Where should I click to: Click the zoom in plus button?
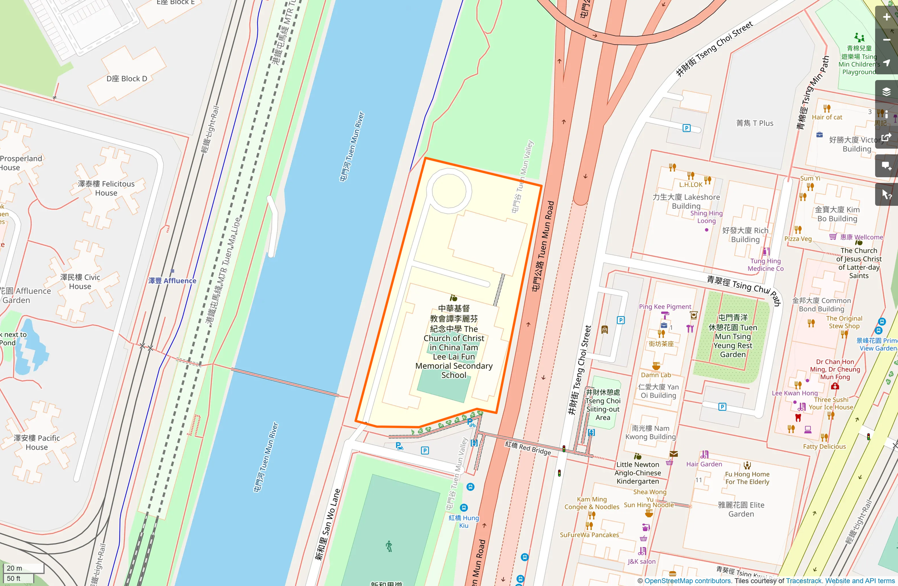tap(886, 17)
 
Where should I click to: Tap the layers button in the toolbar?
tap(886, 91)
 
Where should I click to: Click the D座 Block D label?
tap(127, 79)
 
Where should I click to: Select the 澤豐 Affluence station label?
tap(172, 281)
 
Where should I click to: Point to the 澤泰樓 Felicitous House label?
tap(106, 188)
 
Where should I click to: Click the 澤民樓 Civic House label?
tap(80, 282)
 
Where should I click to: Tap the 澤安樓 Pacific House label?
tap(37, 442)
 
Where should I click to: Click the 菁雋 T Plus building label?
tap(755, 123)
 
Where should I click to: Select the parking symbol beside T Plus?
tap(686, 128)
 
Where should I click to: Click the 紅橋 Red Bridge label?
tap(528, 447)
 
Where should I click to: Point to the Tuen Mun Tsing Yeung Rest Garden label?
tap(733, 336)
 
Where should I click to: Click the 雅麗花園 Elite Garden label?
tap(741, 509)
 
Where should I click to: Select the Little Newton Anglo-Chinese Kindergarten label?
tap(638, 473)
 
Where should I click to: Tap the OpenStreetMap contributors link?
tap(687, 581)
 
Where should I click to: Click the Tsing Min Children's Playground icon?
tap(859, 37)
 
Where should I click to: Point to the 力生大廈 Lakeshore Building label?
tap(686, 201)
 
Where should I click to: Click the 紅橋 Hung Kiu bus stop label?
tap(463, 521)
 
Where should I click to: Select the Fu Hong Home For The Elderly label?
tap(747, 478)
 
